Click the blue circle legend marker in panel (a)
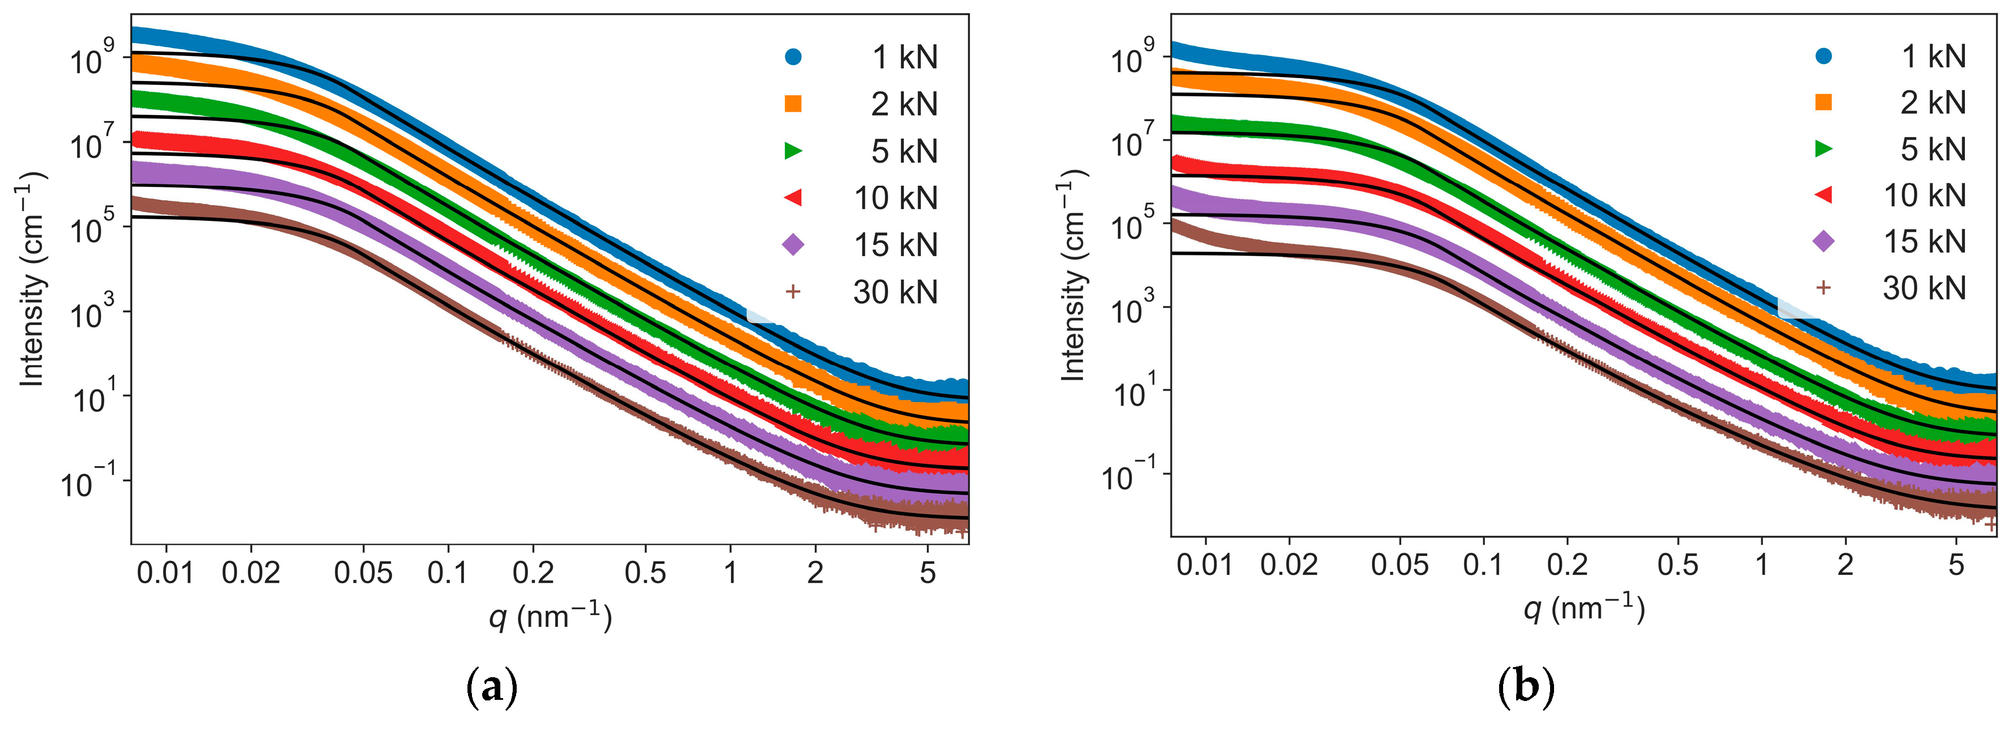pyautogui.click(x=793, y=56)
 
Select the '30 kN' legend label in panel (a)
pyautogui.click(x=895, y=292)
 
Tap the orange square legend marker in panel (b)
pyautogui.click(x=1823, y=101)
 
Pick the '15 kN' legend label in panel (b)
pyautogui.click(x=1925, y=242)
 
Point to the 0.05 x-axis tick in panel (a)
pyautogui.click(x=363, y=573)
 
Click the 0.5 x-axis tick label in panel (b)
pyautogui.click(x=1678, y=565)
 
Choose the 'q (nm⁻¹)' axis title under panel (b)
pyautogui.click(x=1584, y=608)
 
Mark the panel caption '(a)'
pyautogui.click(x=492, y=688)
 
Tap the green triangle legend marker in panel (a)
pyautogui.click(x=793, y=150)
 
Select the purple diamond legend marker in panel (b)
pyautogui.click(x=1823, y=242)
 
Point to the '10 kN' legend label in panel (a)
pyautogui.click(x=895, y=198)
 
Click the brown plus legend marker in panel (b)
pyautogui.click(x=1823, y=288)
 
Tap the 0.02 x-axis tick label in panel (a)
pyautogui.click(x=251, y=573)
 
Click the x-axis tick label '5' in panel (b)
pyautogui.click(x=1956, y=565)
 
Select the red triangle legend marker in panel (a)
pyautogui.click(x=793, y=197)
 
